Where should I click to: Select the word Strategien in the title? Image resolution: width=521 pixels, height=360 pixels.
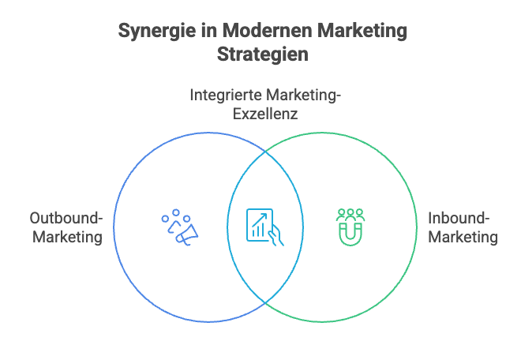(261, 55)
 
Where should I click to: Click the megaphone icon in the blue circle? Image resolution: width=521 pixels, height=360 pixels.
(187, 232)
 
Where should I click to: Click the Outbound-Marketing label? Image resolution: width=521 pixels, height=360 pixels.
(66, 227)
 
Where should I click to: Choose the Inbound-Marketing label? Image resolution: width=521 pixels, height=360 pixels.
(463, 227)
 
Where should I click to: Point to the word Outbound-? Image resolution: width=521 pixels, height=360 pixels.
(66, 218)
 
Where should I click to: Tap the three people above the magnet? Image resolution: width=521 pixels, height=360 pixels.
(350, 214)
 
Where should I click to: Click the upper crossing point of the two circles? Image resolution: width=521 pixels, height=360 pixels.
(264, 151)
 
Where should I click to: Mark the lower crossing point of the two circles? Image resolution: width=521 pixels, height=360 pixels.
(264, 303)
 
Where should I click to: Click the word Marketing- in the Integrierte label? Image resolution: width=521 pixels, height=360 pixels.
(304, 96)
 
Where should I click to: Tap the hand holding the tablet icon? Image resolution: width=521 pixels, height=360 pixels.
(275, 235)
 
